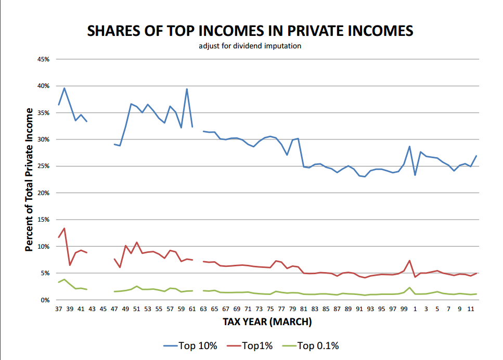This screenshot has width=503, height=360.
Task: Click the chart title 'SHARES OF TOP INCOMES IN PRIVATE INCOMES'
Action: tap(250, 31)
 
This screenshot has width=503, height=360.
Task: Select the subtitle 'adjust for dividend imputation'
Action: tap(250, 46)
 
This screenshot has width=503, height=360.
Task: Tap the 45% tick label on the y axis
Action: tap(43, 59)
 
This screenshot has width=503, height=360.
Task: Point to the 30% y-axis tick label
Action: tap(43, 139)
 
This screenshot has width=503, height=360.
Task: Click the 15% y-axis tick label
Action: tap(43, 220)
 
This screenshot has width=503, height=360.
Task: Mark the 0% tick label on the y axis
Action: tap(45, 300)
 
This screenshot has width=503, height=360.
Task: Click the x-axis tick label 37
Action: tap(58, 309)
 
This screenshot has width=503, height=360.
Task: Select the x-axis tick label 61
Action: tap(192, 309)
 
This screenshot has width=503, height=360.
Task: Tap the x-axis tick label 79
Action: tap(293, 309)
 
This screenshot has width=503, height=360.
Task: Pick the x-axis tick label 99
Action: tap(404, 309)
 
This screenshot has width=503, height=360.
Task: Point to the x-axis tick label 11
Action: tap(471, 309)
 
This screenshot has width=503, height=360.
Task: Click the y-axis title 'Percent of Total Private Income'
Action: tap(30, 180)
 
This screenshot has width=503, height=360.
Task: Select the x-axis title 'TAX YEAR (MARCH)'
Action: tap(267, 322)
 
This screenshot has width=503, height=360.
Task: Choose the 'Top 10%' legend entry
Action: tap(191, 345)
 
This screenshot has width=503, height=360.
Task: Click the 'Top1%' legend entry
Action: tap(253, 345)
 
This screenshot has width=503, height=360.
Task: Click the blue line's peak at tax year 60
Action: tap(187, 89)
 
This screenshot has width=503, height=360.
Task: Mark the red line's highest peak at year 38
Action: tap(64, 228)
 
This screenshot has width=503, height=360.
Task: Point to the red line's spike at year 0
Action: tap(409, 261)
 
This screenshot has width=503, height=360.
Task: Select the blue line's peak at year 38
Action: tap(64, 88)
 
